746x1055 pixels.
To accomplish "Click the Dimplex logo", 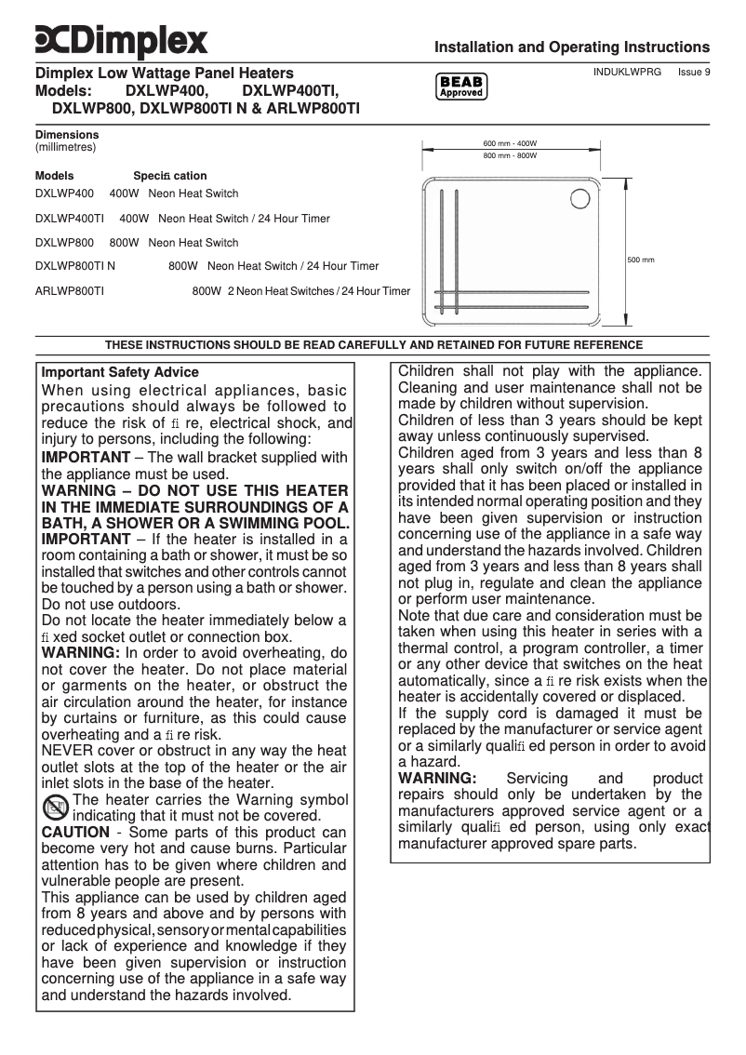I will [122, 40].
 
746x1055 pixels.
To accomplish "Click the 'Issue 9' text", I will [694, 72].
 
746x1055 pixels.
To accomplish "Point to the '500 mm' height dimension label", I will [641, 260].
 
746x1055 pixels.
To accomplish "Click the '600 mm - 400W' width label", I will [510, 143].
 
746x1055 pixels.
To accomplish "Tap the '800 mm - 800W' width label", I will [510, 155].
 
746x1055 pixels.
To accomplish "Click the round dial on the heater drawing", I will [584, 198].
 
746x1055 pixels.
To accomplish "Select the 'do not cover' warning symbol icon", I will [56, 808].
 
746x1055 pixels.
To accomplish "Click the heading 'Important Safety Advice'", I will [120, 372].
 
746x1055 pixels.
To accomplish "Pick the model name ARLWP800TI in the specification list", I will [69, 291].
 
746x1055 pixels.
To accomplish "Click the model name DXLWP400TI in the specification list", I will [69, 219].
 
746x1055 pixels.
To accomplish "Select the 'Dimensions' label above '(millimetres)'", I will [67, 135].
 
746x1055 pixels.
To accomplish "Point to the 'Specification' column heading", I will [170, 176].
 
